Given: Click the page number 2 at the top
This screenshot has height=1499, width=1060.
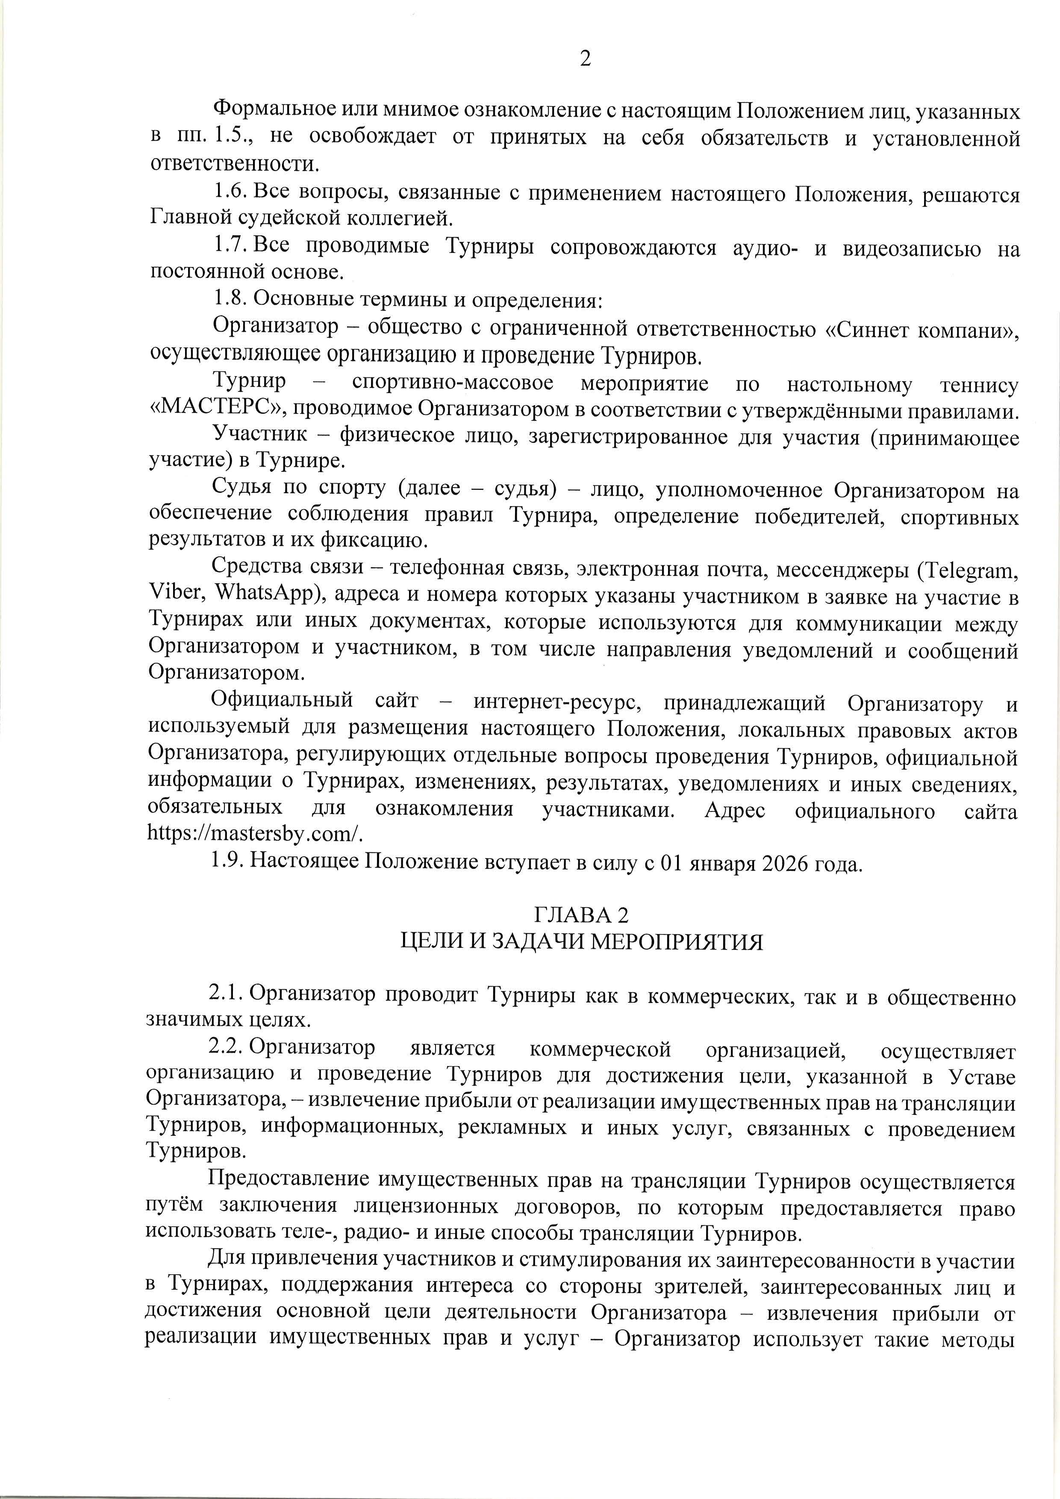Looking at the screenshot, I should click(x=585, y=59).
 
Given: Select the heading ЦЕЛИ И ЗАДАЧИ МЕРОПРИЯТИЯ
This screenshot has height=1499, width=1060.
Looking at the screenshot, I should click(x=581, y=942).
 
